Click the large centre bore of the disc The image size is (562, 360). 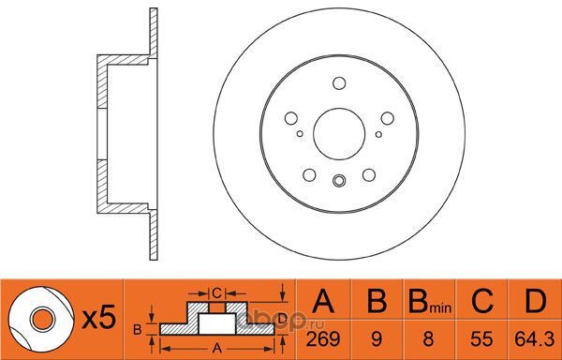(x=339, y=134)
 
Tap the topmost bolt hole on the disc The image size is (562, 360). (x=339, y=83)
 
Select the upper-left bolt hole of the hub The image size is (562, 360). (x=291, y=118)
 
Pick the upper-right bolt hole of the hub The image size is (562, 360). (x=388, y=118)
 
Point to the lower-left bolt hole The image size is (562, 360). (x=309, y=175)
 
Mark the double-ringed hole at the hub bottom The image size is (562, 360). (x=339, y=180)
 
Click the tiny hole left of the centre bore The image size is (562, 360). (x=300, y=134)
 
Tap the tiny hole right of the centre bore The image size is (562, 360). (x=378, y=134)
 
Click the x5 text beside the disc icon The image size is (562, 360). (x=99, y=317)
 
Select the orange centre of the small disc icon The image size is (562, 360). (x=42, y=319)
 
